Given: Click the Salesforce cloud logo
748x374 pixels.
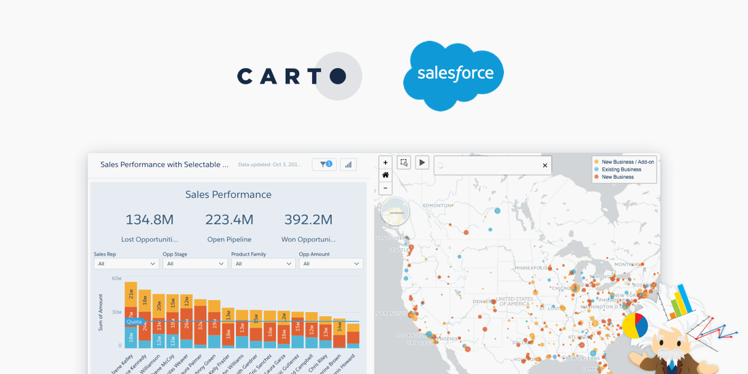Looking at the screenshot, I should (454, 75).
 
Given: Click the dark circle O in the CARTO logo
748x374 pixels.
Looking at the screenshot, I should (338, 76).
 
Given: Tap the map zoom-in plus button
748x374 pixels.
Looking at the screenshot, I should (386, 163).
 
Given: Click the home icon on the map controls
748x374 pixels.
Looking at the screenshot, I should (386, 175).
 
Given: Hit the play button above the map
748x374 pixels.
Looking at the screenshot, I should (422, 163).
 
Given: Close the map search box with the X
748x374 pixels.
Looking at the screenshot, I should (545, 165).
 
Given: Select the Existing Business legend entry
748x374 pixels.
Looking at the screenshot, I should (621, 169).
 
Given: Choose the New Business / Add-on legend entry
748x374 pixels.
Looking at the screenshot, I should (627, 162).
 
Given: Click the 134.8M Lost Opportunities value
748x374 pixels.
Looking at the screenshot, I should (150, 220).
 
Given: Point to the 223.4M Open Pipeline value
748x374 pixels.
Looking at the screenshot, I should (229, 220).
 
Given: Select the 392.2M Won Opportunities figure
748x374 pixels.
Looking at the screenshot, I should (309, 220).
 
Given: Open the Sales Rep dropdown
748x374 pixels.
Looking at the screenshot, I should (126, 264).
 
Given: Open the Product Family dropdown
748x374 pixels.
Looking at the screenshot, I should (263, 264).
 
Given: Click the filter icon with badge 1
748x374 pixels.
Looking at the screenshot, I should (325, 165).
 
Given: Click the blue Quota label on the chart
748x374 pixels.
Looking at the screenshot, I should (134, 322).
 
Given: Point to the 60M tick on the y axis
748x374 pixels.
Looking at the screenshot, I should (116, 279).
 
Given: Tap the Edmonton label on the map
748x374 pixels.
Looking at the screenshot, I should (437, 205).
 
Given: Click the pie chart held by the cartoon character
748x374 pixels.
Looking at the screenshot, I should (635, 326).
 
